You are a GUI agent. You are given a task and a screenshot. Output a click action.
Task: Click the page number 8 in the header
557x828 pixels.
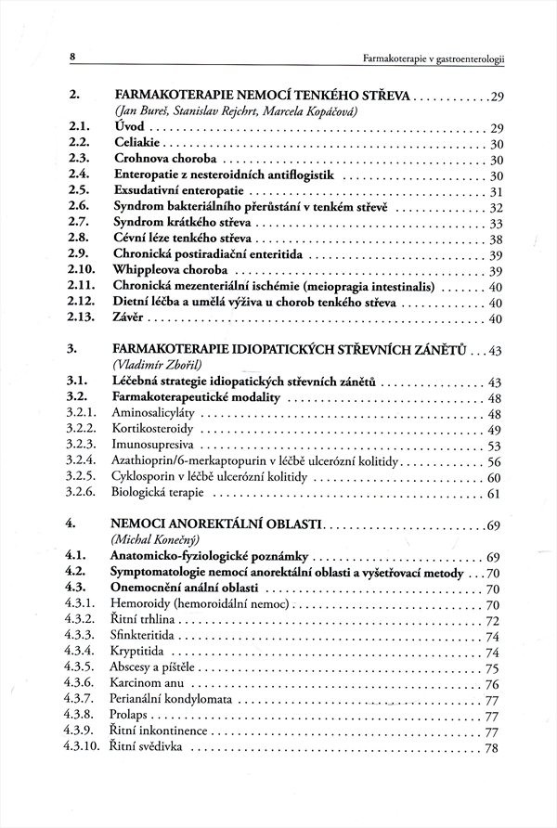coord(72,58)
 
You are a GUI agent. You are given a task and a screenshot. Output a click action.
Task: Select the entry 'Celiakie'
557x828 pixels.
coord(137,144)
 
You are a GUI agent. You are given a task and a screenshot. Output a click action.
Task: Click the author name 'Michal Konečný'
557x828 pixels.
coord(154,540)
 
